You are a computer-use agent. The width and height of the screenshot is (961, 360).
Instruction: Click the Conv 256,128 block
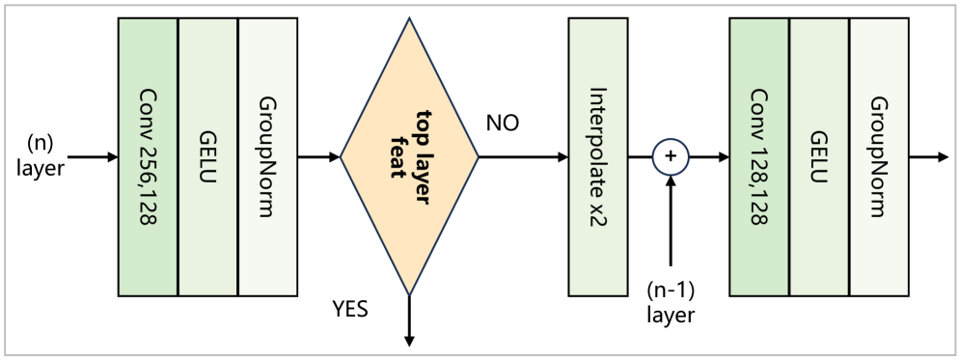coord(148,156)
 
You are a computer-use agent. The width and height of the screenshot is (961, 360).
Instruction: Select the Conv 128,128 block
coord(759,156)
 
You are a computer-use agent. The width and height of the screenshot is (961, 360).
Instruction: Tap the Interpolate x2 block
coord(598,156)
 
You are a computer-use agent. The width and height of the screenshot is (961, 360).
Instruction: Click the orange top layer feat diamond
coord(410,156)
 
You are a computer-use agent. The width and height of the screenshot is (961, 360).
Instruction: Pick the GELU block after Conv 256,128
coord(207,156)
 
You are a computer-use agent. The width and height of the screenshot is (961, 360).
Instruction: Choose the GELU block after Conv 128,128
coord(819,156)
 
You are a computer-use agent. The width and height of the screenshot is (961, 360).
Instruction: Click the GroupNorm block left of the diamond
coord(267,156)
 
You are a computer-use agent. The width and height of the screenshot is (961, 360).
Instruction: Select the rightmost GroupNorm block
coord(879,156)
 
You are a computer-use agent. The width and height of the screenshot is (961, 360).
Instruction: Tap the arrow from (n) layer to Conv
coord(94,156)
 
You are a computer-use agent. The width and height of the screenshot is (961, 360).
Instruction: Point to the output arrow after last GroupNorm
coord(928,156)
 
